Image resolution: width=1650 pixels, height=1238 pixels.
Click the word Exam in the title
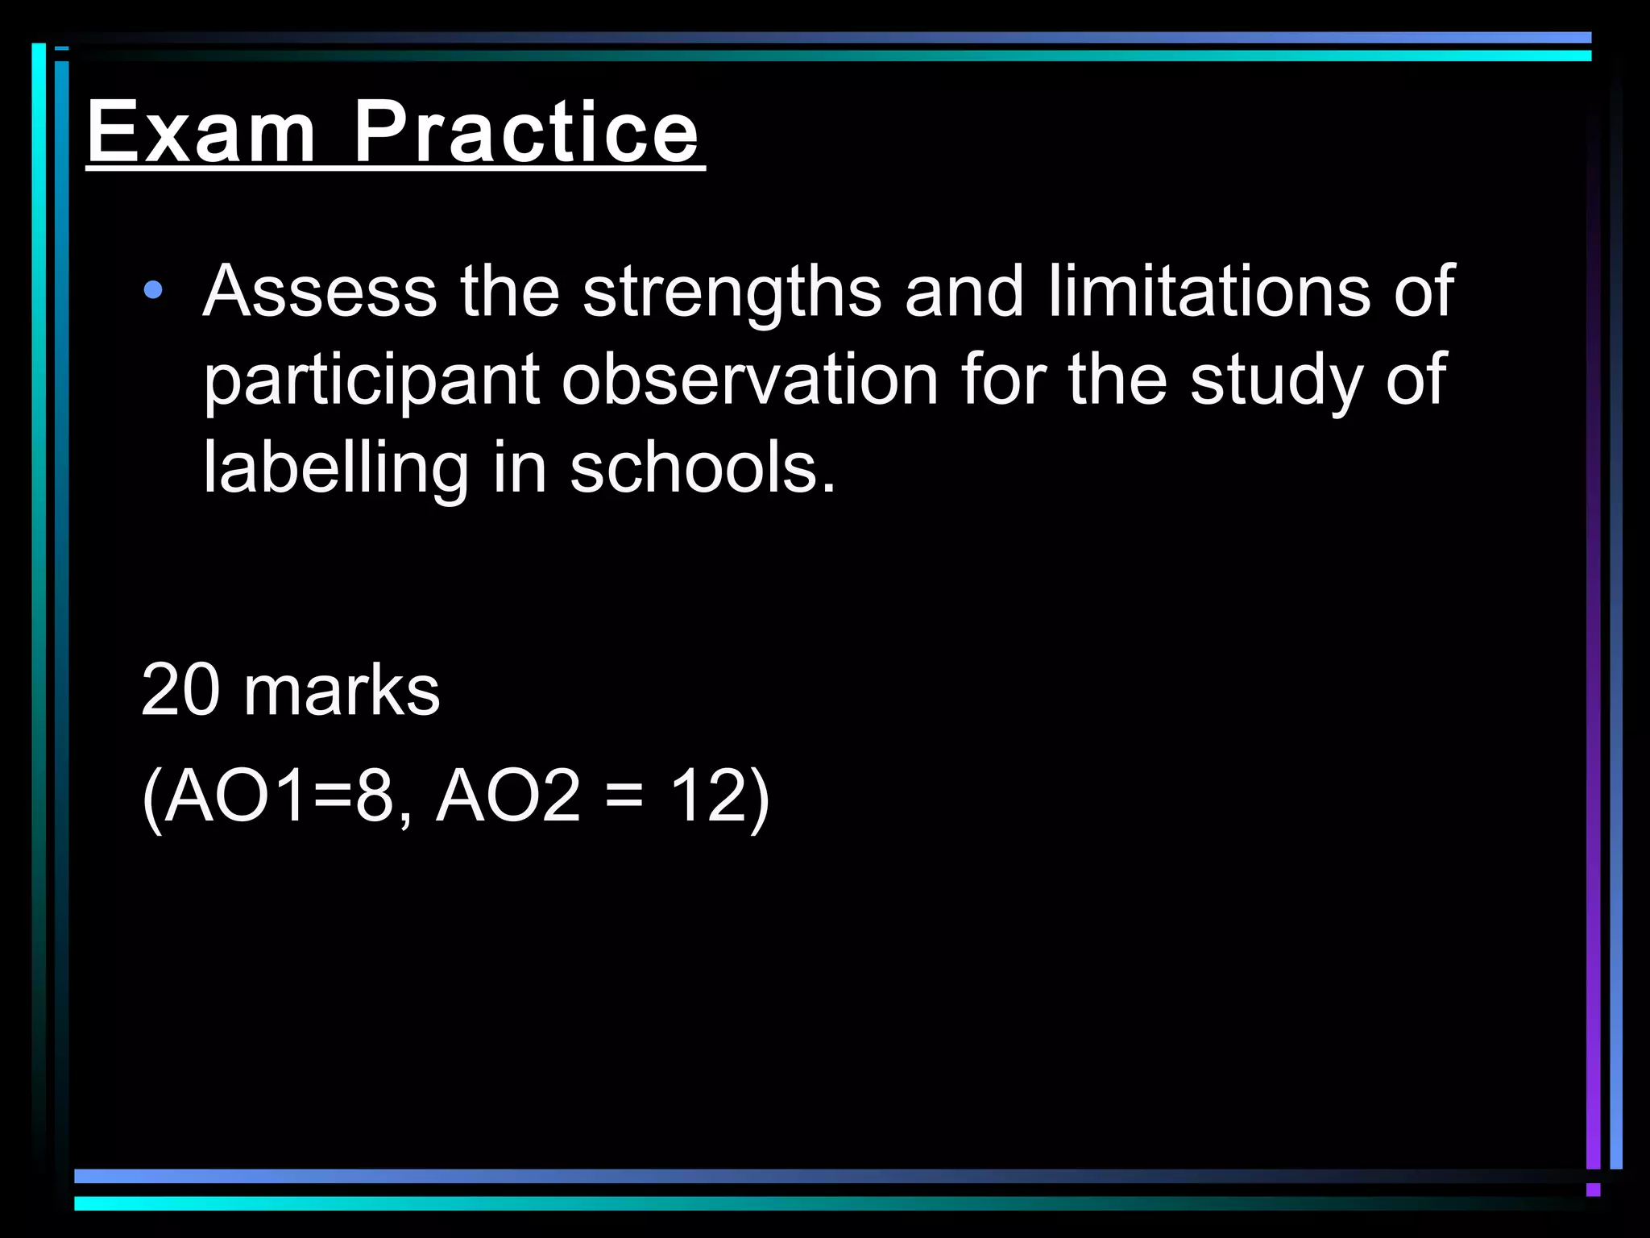tap(201, 132)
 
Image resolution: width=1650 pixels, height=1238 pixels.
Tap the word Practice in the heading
tap(525, 132)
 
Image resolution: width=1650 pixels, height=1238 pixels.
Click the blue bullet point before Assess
tap(152, 290)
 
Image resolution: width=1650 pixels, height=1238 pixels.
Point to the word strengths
tap(732, 292)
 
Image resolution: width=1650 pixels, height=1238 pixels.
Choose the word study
tap(1275, 380)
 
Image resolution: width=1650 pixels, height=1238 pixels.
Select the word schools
tap(703, 467)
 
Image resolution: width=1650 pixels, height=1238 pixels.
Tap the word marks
tap(342, 690)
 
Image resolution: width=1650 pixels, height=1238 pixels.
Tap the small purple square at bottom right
tap(1593, 1190)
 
